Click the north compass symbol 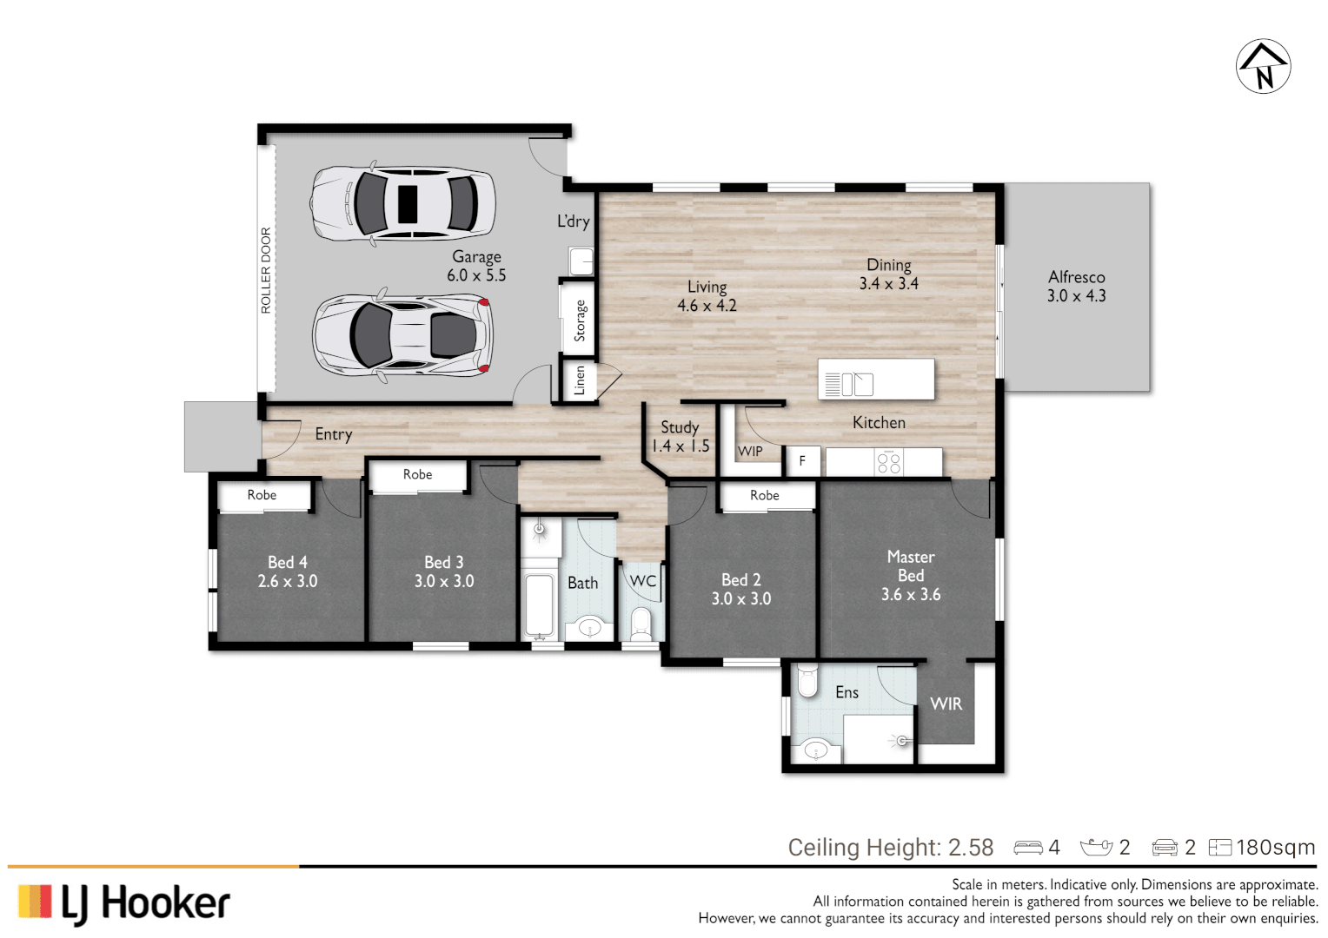click(x=1263, y=66)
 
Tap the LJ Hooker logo click(x=123, y=902)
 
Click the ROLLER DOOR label click(x=266, y=270)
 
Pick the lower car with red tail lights click(x=402, y=335)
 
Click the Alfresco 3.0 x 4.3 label click(x=1076, y=287)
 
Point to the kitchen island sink click(x=856, y=383)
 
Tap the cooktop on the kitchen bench click(x=888, y=462)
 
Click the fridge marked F click(x=802, y=461)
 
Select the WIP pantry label click(x=750, y=452)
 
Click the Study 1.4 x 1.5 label click(x=680, y=437)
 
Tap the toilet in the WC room click(x=641, y=623)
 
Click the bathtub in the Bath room click(x=540, y=605)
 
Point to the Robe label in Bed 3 click(x=417, y=474)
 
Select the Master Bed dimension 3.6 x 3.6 click(x=910, y=595)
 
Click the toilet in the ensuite click(x=807, y=681)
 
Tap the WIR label click(x=946, y=704)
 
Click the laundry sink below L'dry click(x=581, y=261)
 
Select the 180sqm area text click(x=1275, y=848)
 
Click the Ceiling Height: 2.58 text click(x=890, y=848)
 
